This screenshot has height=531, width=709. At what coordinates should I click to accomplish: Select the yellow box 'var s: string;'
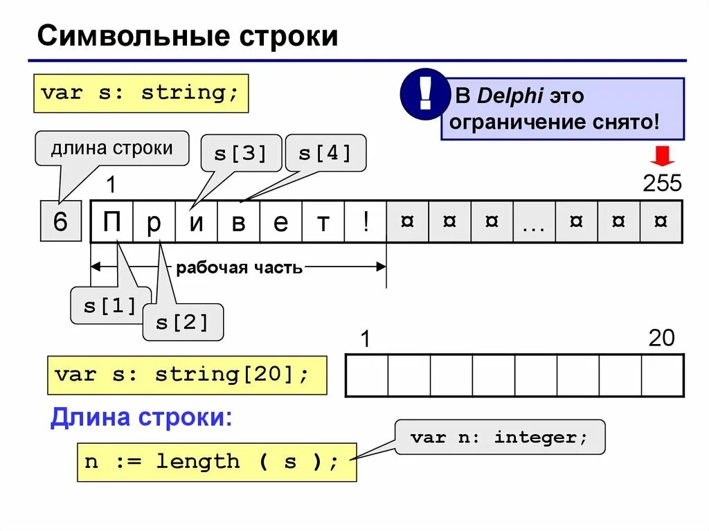tap(141, 93)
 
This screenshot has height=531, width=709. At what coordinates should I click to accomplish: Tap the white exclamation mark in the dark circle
tap(424, 93)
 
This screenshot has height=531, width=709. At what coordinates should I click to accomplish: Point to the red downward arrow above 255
tap(663, 156)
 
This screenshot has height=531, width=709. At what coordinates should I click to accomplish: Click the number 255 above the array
tap(662, 183)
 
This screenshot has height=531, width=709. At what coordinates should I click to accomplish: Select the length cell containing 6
tap(60, 222)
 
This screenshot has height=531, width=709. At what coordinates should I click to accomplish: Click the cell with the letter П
tap(111, 222)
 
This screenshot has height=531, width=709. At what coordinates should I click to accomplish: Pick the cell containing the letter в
tap(238, 222)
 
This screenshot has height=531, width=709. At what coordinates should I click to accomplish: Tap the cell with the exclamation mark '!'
tap(365, 222)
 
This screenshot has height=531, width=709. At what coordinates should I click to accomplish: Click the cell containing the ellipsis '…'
tap(534, 222)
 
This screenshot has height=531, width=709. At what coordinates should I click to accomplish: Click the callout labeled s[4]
tap(325, 153)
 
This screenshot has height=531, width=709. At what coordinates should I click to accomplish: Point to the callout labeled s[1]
tap(110, 305)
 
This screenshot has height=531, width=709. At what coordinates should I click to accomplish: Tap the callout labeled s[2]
tap(183, 322)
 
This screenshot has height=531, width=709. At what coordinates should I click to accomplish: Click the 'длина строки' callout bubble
tap(111, 148)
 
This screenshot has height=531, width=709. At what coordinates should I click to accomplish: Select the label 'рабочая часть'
tap(239, 268)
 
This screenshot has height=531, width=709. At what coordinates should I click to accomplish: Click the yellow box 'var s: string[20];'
tap(187, 375)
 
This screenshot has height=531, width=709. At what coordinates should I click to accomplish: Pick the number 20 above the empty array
tap(661, 338)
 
